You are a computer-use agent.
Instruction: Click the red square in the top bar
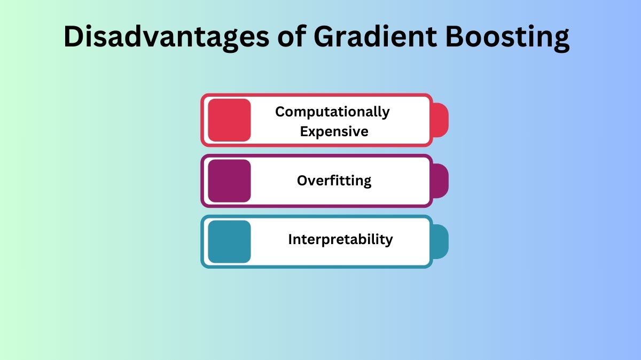(x=229, y=120)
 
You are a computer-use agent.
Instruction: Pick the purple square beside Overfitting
(x=229, y=181)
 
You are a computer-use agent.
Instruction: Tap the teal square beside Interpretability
(x=229, y=241)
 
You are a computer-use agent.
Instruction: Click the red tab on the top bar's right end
(x=440, y=120)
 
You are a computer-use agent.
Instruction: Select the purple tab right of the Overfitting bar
(x=440, y=181)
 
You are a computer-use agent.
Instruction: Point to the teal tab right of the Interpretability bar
(x=440, y=241)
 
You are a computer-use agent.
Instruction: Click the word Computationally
(x=332, y=112)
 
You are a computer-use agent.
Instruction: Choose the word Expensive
(x=334, y=131)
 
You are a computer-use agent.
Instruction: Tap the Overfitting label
(x=334, y=181)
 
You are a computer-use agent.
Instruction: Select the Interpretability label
(x=340, y=239)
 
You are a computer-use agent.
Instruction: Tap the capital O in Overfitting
(x=302, y=181)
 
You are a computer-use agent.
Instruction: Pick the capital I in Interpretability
(x=290, y=239)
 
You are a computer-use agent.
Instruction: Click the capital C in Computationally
(x=280, y=112)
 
